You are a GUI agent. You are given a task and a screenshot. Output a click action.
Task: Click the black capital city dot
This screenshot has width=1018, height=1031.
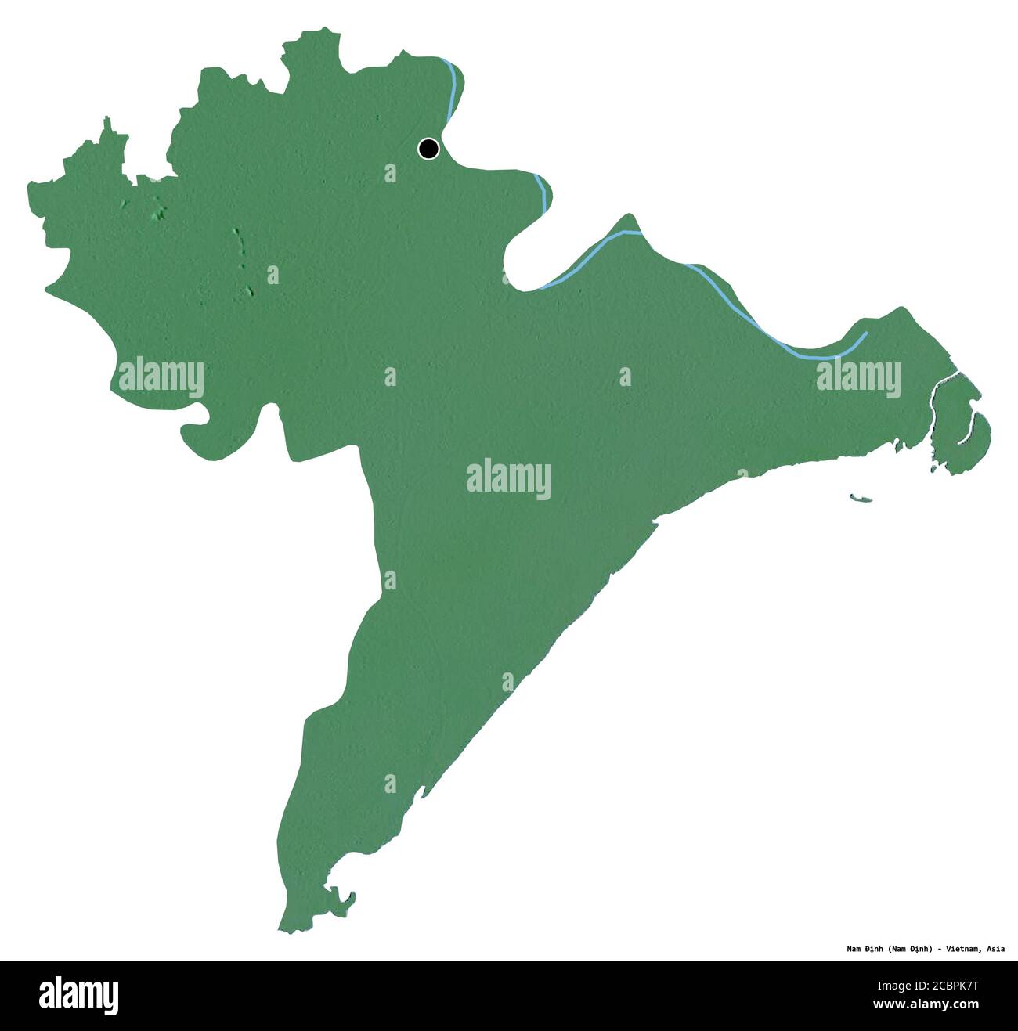click(428, 148)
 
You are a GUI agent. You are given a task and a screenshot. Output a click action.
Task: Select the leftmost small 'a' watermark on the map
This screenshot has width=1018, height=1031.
click(273, 274)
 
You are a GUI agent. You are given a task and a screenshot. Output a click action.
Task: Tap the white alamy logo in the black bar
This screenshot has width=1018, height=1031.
click(79, 994)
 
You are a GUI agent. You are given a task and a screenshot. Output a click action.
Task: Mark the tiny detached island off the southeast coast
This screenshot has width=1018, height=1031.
click(860, 497)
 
